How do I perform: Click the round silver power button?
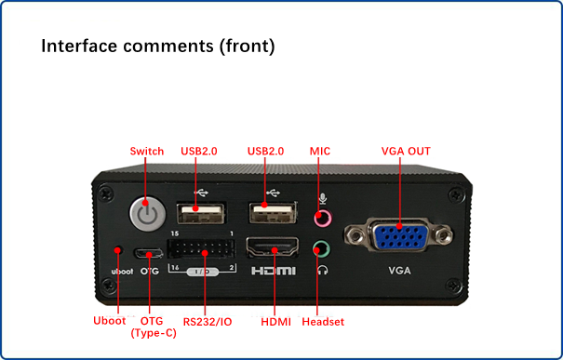[x=148, y=214]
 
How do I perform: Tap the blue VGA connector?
[x=399, y=235]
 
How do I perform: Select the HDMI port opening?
[x=272, y=247]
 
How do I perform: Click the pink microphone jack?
[x=323, y=218]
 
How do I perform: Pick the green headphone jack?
[x=321, y=248]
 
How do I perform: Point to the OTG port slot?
[x=148, y=254]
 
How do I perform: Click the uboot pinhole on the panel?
[x=118, y=250]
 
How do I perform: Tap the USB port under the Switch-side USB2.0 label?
[x=201, y=213]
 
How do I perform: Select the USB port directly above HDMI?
[x=273, y=212]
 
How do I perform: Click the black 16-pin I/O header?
[x=201, y=248]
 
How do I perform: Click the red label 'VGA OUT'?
[x=406, y=151]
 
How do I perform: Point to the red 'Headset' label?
[x=323, y=322]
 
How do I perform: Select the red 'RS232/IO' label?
[x=208, y=322]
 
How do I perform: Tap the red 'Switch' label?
[x=147, y=151]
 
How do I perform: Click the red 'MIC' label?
[x=320, y=151]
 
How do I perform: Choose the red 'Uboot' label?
[x=110, y=321]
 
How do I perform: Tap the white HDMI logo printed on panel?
[x=274, y=271]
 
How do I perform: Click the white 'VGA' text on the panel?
[x=399, y=271]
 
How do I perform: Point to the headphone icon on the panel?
[x=322, y=270]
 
